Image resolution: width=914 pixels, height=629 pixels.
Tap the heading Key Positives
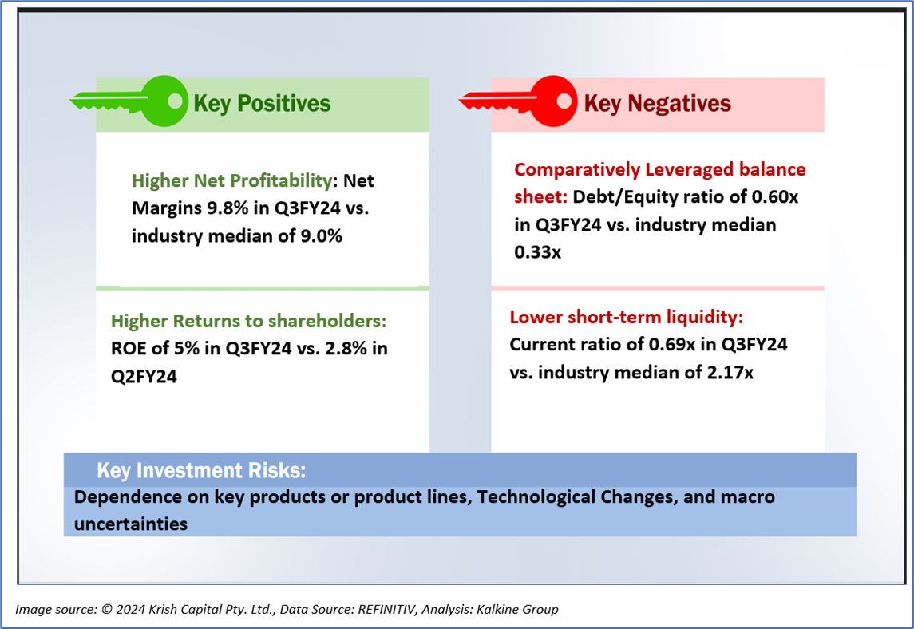[x=262, y=104]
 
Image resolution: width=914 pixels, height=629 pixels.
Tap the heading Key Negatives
[x=658, y=104]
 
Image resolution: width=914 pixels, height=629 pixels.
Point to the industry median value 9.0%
[x=321, y=236]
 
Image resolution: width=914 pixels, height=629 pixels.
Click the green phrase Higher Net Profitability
[x=232, y=180]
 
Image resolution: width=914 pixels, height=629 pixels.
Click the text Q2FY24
[x=144, y=377]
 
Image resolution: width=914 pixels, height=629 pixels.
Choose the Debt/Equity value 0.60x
[x=774, y=197]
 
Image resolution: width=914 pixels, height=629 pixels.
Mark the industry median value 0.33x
[x=537, y=252]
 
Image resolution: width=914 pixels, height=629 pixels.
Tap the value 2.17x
[x=730, y=373]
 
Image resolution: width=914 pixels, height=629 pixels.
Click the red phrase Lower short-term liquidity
[x=627, y=317]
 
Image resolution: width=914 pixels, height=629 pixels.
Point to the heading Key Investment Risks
[x=201, y=470]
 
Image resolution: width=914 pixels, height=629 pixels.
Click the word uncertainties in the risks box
[x=131, y=524]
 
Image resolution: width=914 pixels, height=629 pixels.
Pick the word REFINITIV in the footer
[x=386, y=610]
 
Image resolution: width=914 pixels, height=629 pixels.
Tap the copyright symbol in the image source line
[x=107, y=610]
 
